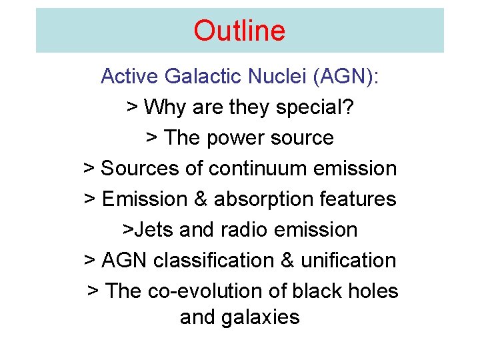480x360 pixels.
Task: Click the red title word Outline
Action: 239,31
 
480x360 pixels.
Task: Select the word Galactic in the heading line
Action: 203,77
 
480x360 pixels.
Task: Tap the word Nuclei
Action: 277,77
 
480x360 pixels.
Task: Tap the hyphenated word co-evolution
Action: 207,291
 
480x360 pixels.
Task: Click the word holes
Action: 375,291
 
